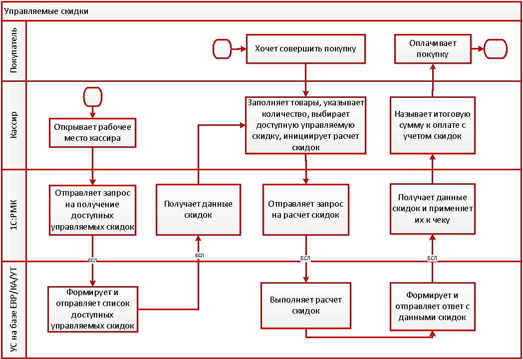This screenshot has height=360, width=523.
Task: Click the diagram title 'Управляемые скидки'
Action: pos(46,11)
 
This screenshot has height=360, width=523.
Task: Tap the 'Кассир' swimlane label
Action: pos(13,125)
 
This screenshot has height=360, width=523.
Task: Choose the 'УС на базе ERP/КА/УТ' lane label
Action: pos(13,310)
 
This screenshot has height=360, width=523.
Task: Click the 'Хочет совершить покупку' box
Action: pos(305,49)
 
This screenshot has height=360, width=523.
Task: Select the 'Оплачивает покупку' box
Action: pos(432,49)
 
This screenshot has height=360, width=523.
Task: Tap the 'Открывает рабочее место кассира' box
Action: pos(92,132)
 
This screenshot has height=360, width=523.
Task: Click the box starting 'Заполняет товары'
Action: pos(306,125)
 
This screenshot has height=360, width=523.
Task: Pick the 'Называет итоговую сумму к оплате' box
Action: pos(432,125)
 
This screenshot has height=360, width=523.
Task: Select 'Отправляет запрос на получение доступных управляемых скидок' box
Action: pos(92,210)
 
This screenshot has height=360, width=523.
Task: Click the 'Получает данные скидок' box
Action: pos(198,210)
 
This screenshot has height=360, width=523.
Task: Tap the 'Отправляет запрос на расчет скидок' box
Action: pos(305,210)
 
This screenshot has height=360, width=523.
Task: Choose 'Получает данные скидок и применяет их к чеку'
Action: pos(432,210)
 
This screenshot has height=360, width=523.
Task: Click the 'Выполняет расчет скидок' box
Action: pos(305,306)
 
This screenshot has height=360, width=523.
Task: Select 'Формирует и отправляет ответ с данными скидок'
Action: pos(432,306)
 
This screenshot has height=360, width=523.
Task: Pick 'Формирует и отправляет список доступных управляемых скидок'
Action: pos(92,309)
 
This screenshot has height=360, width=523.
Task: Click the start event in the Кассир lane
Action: pos(93,96)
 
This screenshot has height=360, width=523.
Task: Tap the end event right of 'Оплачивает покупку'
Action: pos(496,49)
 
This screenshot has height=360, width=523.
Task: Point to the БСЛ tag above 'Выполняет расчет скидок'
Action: pos(305,258)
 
